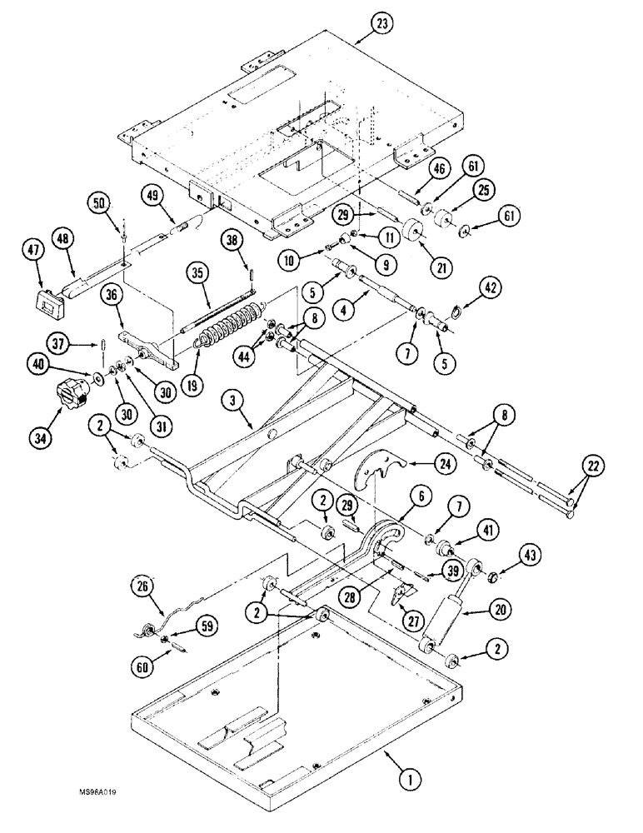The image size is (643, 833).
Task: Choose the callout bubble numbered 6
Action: click(x=421, y=496)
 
